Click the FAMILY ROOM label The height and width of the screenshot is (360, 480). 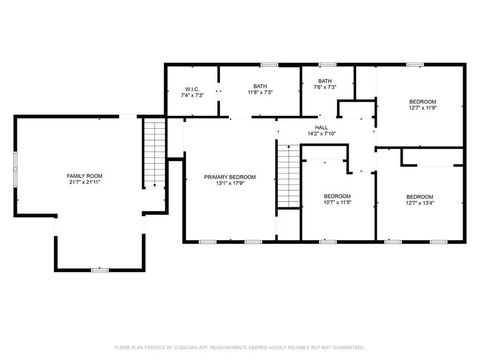[85, 175]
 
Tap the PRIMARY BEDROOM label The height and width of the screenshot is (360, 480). [230, 177]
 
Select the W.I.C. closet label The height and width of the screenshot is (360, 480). [192, 88]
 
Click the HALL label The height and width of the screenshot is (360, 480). [322, 127]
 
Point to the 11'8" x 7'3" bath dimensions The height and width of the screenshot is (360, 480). [260, 93]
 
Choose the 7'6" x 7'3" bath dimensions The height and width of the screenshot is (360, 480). [325, 88]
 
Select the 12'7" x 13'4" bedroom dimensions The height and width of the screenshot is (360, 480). [420, 202]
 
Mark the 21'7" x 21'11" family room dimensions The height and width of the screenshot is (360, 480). [85, 182]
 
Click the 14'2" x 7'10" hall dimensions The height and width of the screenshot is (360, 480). [322, 134]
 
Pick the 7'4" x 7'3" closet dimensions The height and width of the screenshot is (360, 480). [192, 95]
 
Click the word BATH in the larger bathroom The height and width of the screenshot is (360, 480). [260, 86]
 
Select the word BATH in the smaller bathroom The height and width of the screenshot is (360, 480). [325, 81]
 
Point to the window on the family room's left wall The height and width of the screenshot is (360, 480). [15, 164]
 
